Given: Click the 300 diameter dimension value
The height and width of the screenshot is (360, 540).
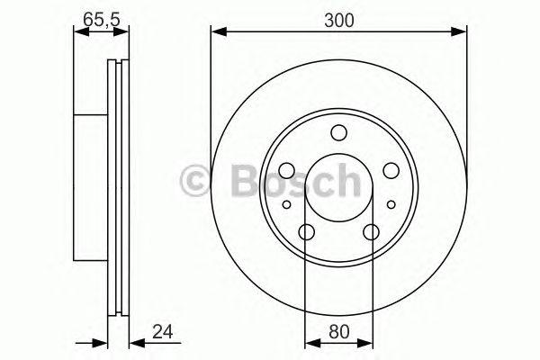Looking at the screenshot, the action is coord(339,21).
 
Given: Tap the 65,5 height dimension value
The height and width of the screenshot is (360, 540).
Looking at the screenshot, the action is coord(101,20).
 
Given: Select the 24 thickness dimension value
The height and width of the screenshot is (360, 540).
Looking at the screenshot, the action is coord(163,332).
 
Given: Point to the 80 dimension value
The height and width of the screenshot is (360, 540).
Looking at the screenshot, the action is coord(339,332).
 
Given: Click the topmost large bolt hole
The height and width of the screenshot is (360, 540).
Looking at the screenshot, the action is coord(338,133).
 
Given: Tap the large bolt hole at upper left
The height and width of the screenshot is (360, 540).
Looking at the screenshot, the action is coord(287,170).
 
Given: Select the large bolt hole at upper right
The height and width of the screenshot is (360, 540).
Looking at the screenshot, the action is coord(391,170).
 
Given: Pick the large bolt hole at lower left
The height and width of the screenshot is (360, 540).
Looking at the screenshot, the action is coord(307,232).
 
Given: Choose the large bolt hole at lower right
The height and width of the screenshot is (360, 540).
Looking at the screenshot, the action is coord(371,232).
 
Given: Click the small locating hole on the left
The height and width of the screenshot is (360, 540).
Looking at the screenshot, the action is coord(286,204).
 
